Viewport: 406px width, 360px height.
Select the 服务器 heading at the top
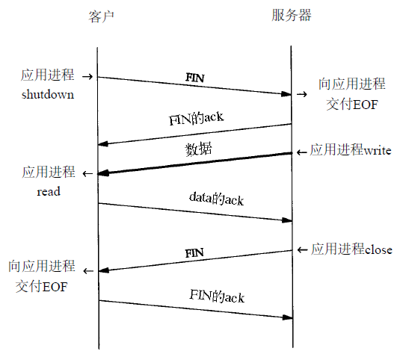coord(292,15)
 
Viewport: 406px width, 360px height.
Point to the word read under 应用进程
coord(49,191)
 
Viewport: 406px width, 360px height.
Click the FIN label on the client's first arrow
coord(195,77)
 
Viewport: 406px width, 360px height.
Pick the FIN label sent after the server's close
coord(194,252)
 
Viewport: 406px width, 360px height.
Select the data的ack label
coord(217,199)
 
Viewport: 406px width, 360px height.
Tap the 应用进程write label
coord(351,150)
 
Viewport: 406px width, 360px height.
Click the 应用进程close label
coord(351,249)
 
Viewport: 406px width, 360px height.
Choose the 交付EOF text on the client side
coord(41,285)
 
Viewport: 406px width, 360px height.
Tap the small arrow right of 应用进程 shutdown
coord(87,76)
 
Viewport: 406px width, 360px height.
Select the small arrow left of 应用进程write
coord(301,152)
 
